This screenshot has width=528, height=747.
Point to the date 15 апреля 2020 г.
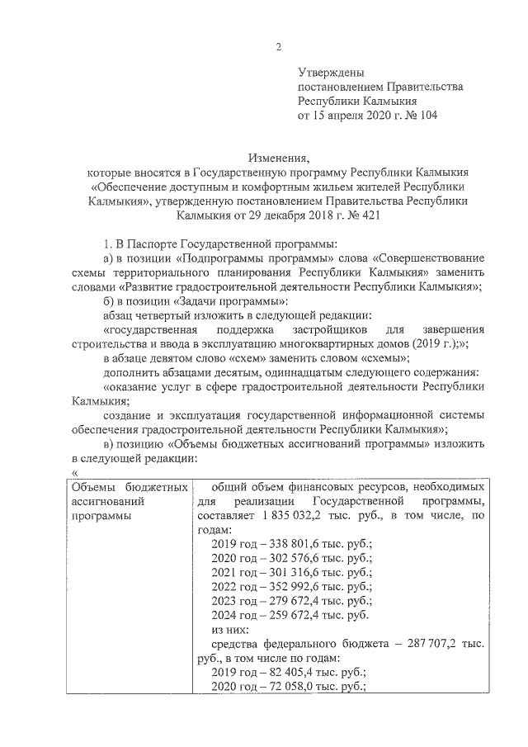tap(356, 116)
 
